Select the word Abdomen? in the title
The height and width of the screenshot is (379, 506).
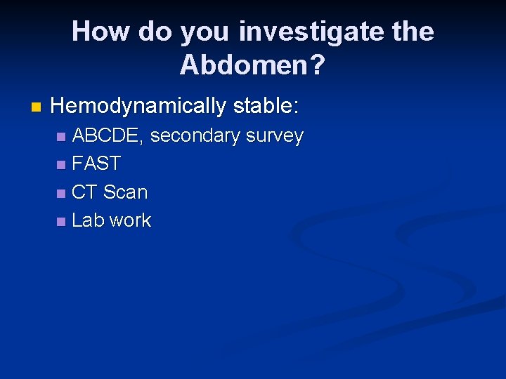coord(252,65)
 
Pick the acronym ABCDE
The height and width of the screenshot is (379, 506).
coord(109,135)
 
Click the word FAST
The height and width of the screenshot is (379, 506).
coord(96,164)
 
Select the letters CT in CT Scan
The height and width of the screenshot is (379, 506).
coord(84,192)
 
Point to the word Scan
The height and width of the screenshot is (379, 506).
coord(125,192)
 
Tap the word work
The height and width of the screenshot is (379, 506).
coord(130,220)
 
